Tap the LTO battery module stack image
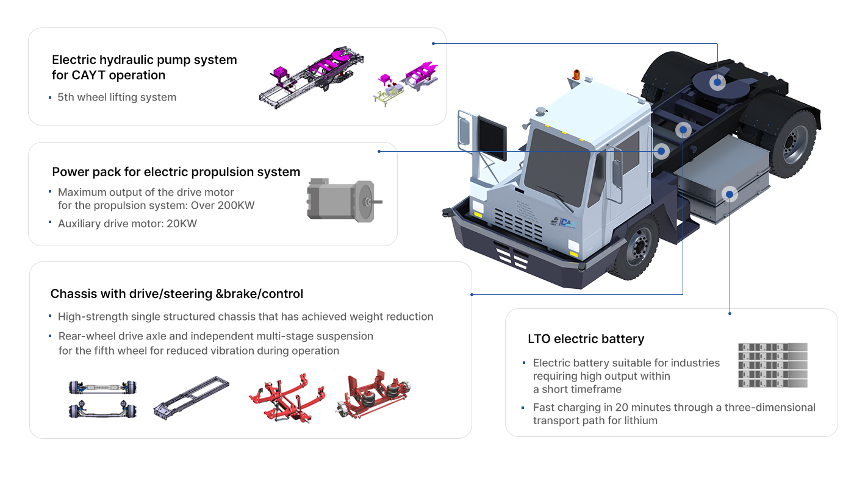pyautogui.click(x=772, y=365)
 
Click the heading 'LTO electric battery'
pyautogui.click(x=586, y=339)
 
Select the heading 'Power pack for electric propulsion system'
pyautogui.click(x=176, y=172)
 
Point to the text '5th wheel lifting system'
pyautogui.click(x=117, y=97)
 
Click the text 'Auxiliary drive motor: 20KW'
pyautogui.click(x=127, y=224)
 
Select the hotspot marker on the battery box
pyautogui.click(x=730, y=194)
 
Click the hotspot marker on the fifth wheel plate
pyautogui.click(x=717, y=82)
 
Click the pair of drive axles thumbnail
pyautogui.click(x=102, y=399)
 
